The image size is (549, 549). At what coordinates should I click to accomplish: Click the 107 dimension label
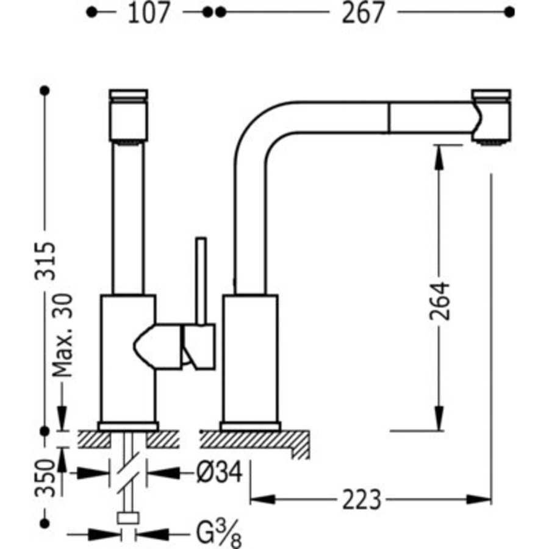tap(148, 13)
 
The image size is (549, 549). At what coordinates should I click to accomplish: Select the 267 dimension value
tap(363, 13)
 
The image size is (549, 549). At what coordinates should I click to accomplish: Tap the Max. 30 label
tap(63, 335)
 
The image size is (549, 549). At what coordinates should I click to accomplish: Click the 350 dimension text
tap(46, 478)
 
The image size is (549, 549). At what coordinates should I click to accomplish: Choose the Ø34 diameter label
tap(220, 472)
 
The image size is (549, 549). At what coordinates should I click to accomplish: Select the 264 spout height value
tap(440, 301)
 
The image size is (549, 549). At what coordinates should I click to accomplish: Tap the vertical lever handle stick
tap(201, 281)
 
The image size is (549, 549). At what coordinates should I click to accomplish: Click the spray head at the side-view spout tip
tap(492, 117)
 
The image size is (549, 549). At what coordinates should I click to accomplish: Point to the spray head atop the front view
tap(129, 117)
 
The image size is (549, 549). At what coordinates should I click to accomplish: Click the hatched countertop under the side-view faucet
tap(255, 443)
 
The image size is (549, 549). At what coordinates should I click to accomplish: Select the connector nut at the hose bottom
tap(128, 517)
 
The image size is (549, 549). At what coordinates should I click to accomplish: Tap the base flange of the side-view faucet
tap(251, 426)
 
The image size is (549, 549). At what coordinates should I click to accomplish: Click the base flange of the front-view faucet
tap(129, 426)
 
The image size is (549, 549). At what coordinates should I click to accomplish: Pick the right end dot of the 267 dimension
tap(509, 13)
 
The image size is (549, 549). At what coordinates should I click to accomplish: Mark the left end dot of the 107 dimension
tap(91, 13)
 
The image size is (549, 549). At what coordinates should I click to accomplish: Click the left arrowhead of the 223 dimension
tap(262, 499)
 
